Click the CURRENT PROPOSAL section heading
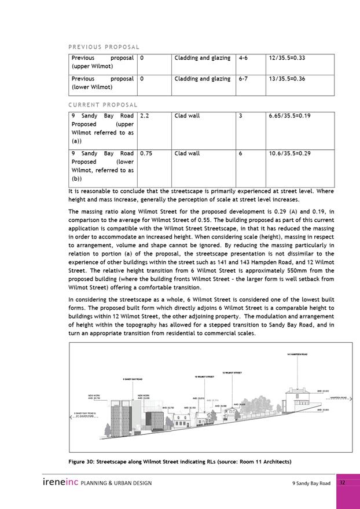click(x=104, y=105)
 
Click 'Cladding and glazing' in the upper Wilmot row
click(x=202, y=58)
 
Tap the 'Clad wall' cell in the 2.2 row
click(x=187, y=116)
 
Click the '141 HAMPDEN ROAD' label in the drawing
click(x=296, y=354)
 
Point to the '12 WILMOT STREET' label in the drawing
click(x=232, y=372)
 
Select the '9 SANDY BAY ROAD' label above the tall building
click(x=133, y=379)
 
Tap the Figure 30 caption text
click(x=180, y=461)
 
